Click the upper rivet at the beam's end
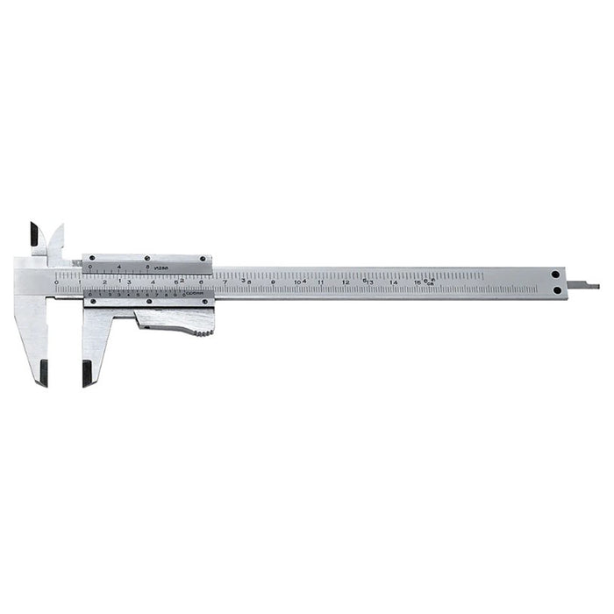point(556,275)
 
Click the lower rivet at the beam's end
point(556,290)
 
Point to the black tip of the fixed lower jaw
point(41,372)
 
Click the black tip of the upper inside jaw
point(34,234)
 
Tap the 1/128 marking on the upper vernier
point(161,267)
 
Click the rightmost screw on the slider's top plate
point(203,259)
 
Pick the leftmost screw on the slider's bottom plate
point(90,302)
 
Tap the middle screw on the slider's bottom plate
point(149,302)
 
